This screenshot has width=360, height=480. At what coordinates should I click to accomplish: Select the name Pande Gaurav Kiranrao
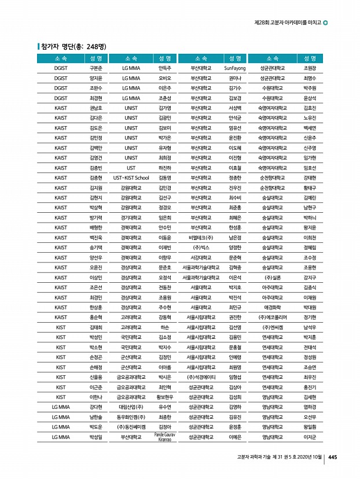164,436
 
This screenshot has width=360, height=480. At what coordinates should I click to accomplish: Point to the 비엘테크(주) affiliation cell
201,237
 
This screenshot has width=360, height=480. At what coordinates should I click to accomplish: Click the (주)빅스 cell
201,247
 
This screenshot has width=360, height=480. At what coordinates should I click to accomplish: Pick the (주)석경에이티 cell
201,376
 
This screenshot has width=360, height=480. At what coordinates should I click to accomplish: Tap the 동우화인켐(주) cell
131,416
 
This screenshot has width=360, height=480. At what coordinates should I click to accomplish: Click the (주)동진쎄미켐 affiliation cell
131,426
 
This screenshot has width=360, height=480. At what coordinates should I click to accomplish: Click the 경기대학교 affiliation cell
131,217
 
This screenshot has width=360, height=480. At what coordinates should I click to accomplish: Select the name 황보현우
164,397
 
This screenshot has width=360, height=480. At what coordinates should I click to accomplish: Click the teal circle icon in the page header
325,23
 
